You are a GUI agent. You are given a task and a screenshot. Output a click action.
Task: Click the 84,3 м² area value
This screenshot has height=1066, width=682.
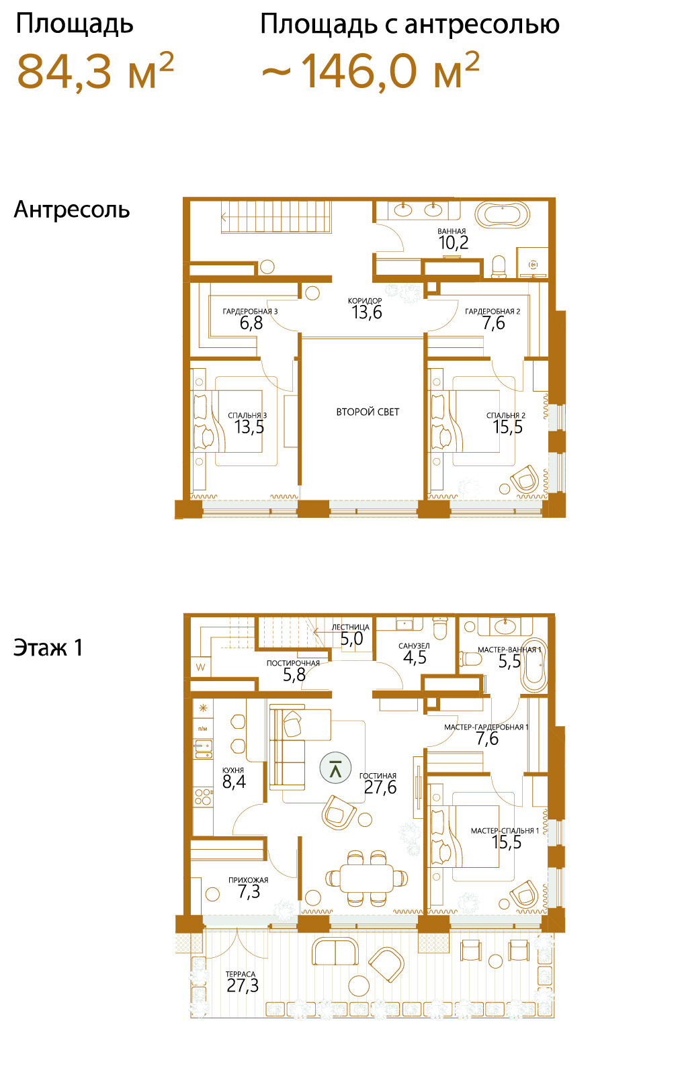click(x=95, y=71)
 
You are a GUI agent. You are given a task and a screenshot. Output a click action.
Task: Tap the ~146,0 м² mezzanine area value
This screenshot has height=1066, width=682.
click(x=370, y=71)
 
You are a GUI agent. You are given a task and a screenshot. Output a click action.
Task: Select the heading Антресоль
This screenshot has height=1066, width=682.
click(x=72, y=210)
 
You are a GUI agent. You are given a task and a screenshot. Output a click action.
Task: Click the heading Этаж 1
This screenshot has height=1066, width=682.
click(x=48, y=648)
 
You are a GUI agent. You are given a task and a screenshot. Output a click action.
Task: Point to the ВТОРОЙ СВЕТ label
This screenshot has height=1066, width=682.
click(x=368, y=412)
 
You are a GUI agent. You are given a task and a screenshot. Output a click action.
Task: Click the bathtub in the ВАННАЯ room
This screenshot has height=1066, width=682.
click(x=503, y=216)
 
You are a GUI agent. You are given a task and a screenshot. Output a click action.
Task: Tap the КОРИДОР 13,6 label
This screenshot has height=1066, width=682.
click(x=366, y=308)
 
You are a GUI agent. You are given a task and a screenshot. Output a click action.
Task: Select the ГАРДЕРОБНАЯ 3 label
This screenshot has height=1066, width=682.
click(x=251, y=311)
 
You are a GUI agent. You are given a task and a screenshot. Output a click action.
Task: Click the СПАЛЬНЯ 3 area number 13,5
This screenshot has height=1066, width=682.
click(x=249, y=427)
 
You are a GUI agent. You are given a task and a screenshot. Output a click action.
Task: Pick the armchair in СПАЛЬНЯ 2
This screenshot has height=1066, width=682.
click(x=525, y=479)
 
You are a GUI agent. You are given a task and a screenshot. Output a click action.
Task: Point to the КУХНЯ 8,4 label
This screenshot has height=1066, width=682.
click(x=234, y=778)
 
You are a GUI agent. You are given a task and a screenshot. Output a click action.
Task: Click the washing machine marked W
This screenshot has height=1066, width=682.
click(x=200, y=667)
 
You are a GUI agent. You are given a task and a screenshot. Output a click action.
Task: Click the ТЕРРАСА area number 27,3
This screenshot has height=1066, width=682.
click(x=243, y=986)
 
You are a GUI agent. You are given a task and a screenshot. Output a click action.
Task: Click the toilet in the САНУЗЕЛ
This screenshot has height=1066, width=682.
click(x=439, y=627)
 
